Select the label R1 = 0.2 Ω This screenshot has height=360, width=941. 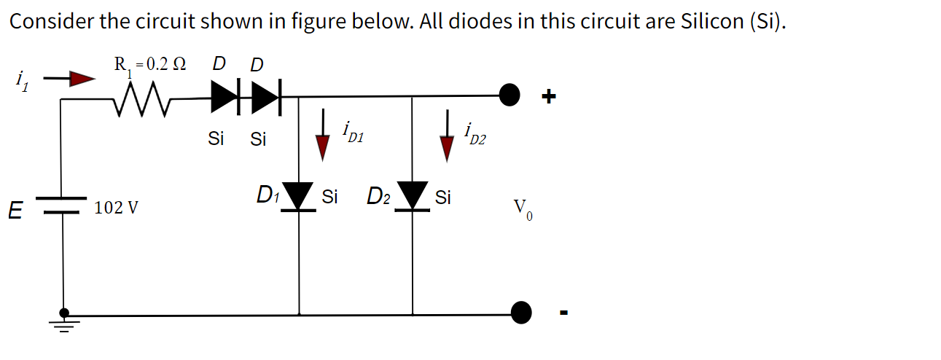click(149, 64)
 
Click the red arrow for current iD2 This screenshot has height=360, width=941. click(446, 144)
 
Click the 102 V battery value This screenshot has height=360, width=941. click(116, 208)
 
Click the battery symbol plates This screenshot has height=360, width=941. click(63, 206)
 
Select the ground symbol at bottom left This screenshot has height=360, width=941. click(64, 321)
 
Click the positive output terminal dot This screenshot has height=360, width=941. click(509, 94)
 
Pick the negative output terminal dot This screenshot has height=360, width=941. click(521, 313)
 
